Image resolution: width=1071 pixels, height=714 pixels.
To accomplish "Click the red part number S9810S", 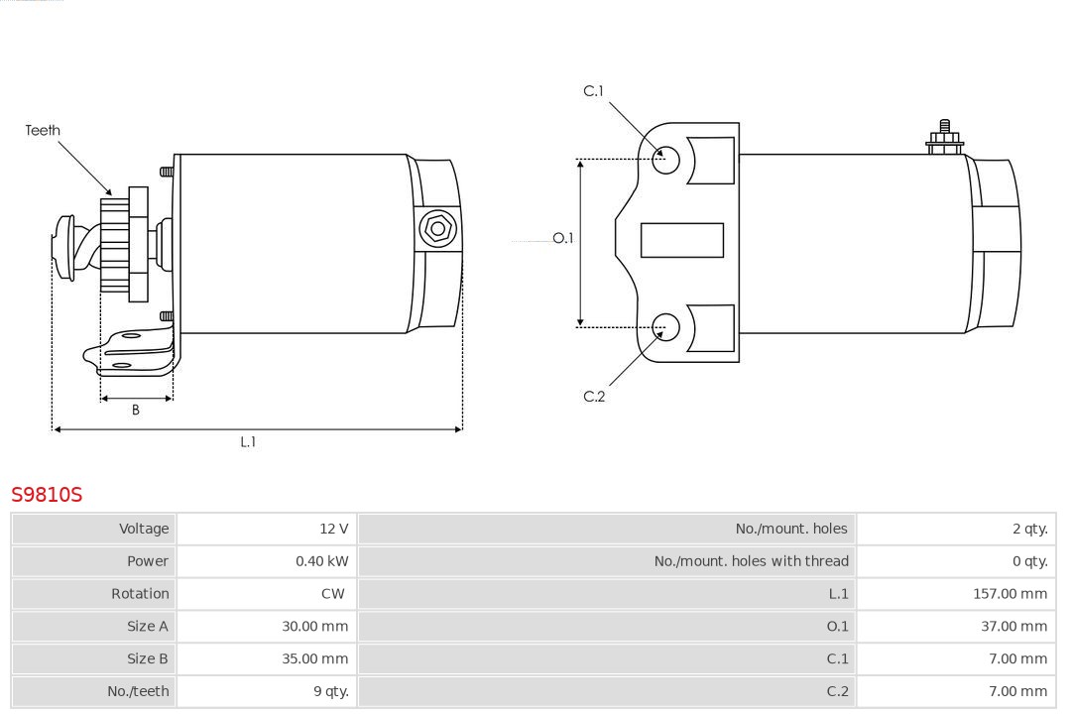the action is (47, 494).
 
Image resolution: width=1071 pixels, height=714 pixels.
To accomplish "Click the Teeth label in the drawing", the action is (43, 130).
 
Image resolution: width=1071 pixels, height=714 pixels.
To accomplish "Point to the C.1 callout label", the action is (594, 91).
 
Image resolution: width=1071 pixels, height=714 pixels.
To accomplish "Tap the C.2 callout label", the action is (594, 397).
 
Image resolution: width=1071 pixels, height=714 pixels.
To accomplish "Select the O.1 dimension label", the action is (563, 238).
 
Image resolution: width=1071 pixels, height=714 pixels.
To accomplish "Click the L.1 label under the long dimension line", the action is (248, 442).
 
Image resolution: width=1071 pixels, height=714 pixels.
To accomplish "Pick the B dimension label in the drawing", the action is (135, 410).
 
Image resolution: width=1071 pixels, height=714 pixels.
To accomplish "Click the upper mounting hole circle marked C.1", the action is (665, 160).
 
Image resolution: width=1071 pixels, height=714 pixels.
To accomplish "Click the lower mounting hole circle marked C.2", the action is (665, 327).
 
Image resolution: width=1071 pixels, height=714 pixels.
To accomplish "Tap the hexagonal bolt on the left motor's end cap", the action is (437, 228).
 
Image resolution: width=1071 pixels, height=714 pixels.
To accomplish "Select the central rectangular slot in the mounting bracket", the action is (681, 240).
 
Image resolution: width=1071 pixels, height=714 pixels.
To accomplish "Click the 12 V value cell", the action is (334, 529).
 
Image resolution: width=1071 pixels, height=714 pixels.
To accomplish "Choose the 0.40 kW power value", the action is (321, 561).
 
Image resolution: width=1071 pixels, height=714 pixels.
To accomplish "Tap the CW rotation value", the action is (332, 594).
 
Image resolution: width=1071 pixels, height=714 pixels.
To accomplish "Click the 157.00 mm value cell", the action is (1010, 594).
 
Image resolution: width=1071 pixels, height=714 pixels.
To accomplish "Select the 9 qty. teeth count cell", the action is (331, 691).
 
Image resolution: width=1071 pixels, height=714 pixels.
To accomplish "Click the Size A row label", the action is (148, 626).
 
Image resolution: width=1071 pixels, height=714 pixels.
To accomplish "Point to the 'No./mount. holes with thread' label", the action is (752, 561).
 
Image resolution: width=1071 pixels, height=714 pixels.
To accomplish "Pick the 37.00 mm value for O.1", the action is (1013, 626).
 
